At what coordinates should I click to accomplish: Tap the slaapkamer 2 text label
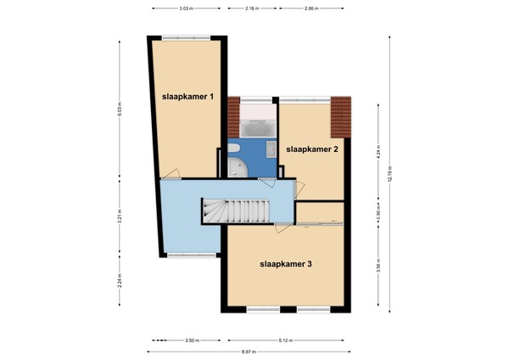pos(312,149)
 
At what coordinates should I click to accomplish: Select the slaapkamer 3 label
pos(286,264)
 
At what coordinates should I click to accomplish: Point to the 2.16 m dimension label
pos(251,8)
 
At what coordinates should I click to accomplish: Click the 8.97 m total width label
pos(247,351)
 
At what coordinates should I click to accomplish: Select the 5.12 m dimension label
pos(285,340)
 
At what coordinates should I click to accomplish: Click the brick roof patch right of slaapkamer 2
pos(340,115)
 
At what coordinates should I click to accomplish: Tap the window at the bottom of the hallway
pos(185,255)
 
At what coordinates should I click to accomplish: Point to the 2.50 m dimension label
pos(191,340)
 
